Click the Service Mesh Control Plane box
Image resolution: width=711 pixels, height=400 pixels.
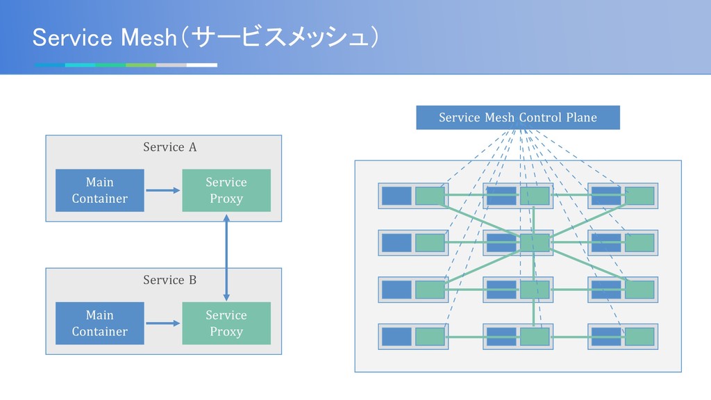coord(518,117)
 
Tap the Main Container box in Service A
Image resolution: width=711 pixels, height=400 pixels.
coord(100,190)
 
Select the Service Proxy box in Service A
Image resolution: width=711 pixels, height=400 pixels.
coord(226,190)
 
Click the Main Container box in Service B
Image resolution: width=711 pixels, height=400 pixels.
coord(100,324)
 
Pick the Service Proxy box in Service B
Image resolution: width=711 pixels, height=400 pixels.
coord(226,324)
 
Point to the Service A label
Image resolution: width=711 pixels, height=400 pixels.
coord(170,147)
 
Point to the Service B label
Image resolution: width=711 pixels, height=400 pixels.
coord(170,280)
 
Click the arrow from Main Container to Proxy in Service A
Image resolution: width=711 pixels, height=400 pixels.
coord(163,190)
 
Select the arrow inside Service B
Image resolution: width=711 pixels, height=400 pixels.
coord(163,324)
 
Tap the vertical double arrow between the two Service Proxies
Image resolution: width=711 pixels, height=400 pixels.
coord(226,257)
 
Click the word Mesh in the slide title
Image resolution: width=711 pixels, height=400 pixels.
coord(149,37)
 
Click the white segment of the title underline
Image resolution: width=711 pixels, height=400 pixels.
coord(202,65)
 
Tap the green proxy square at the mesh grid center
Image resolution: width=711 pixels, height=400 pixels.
coord(535,242)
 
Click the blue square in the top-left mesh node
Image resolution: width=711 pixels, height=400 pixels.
coord(396,196)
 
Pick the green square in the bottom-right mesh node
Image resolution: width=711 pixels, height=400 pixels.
coord(639,337)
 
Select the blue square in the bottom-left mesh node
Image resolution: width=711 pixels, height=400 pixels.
coord(396,337)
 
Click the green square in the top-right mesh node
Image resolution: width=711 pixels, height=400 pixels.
coord(639,196)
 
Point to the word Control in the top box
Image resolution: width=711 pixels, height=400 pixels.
coord(539,117)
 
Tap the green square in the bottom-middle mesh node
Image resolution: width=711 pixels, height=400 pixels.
coord(535,337)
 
